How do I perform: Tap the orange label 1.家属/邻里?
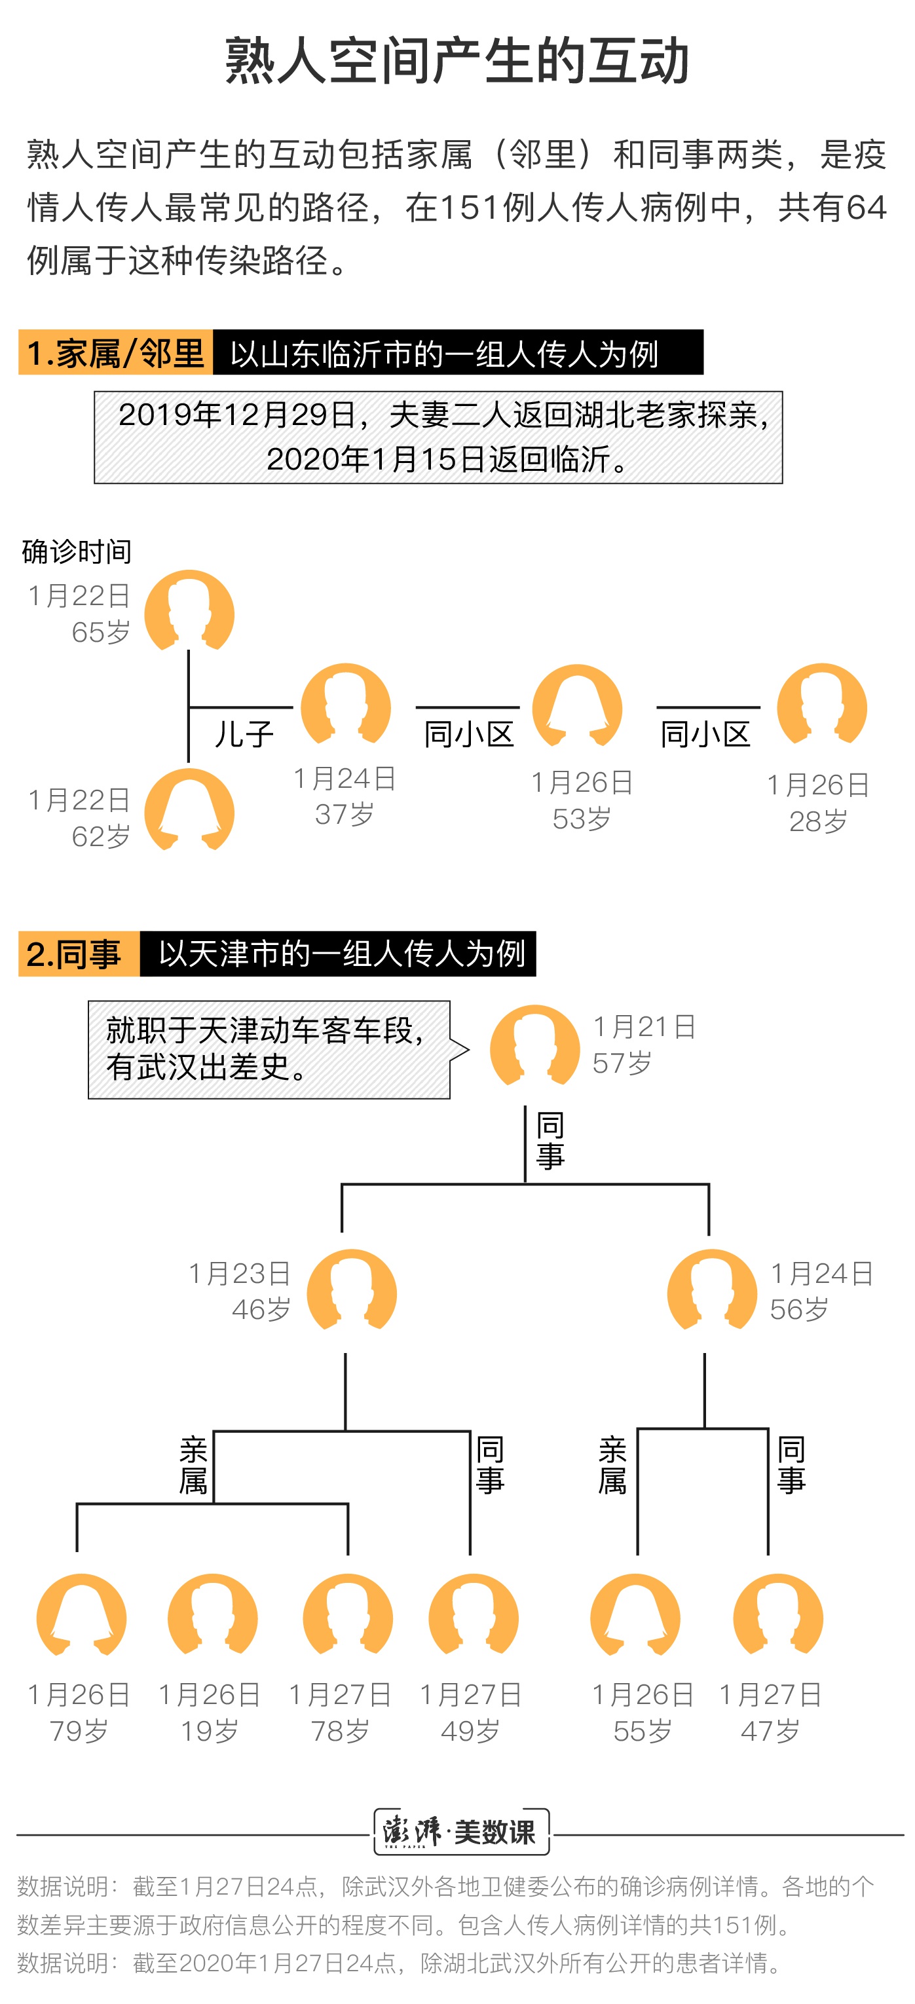116,352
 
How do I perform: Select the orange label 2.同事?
79,953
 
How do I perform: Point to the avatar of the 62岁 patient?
189,809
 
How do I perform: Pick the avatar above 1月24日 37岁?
345,704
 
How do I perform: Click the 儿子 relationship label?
244,733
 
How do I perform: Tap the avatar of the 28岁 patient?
821,704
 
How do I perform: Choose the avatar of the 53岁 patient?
577,705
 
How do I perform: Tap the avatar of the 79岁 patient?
82,1614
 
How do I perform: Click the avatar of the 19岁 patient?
212,1614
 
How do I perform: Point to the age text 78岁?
340,1731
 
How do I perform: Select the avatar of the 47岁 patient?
778,1614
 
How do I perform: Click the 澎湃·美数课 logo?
461,1831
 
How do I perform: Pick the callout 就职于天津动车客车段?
269,1049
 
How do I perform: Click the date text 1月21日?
644,1027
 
